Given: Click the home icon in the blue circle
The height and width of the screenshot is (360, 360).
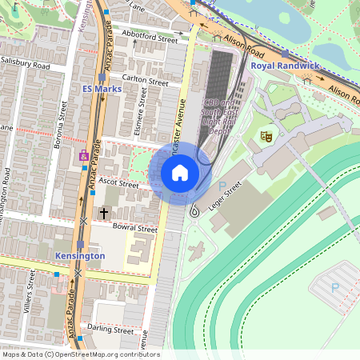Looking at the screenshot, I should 180,172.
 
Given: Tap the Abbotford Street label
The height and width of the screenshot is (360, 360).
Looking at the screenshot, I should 150,38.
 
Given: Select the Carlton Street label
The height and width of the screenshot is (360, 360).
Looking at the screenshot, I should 145,82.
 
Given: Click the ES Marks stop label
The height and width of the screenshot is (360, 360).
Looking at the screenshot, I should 102,89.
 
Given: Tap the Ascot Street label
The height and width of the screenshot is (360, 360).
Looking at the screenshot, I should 118,184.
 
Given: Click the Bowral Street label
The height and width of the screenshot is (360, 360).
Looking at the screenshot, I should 134,228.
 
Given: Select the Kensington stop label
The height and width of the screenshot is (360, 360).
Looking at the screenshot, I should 80,255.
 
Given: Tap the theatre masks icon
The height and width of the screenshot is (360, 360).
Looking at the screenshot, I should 266,137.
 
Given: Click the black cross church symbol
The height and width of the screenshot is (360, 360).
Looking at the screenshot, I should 103,213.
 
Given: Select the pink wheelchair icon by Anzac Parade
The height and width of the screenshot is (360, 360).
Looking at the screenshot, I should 84,156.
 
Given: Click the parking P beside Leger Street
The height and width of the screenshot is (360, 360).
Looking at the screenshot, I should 222,186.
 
